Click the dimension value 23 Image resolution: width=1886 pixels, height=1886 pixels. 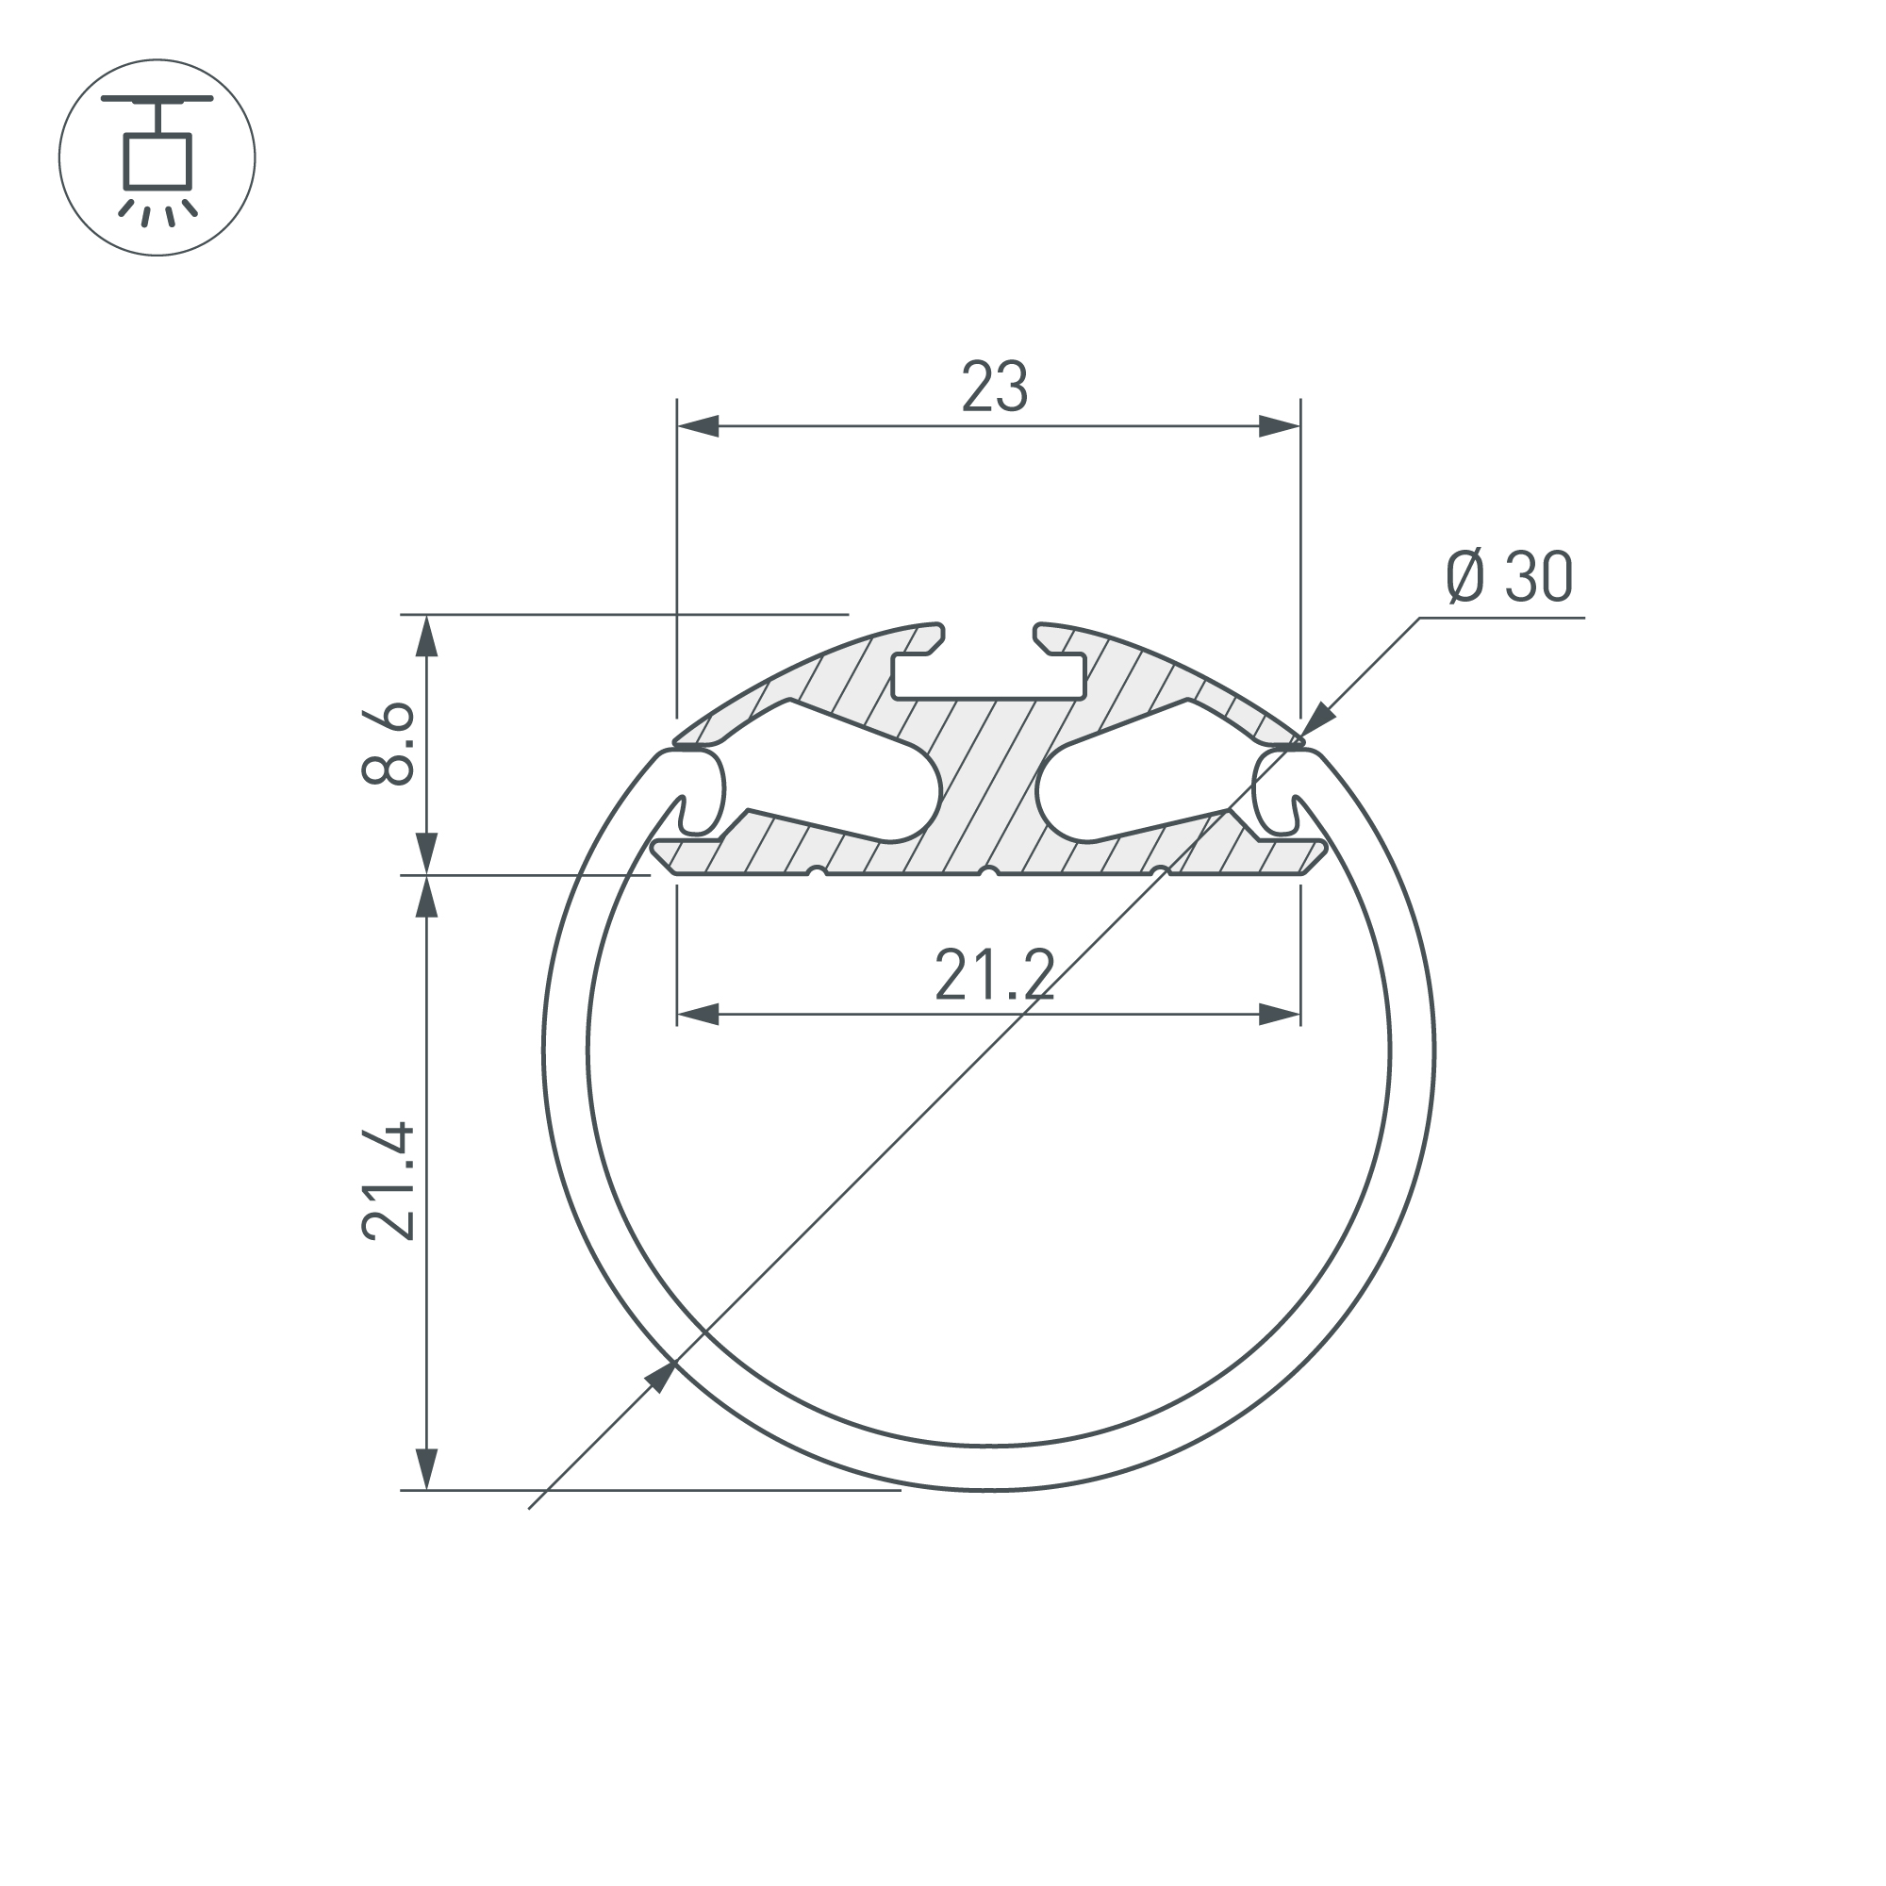click(995, 387)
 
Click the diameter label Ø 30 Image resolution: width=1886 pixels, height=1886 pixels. click(1509, 577)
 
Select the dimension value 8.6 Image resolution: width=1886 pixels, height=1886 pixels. click(389, 744)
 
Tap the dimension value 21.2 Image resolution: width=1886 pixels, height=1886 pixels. click(995, 976)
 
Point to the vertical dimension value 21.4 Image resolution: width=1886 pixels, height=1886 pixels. click(389, 1183)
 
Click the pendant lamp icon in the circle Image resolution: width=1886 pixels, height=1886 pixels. click(157, 157)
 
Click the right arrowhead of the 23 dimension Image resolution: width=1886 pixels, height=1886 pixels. click(1280, 426)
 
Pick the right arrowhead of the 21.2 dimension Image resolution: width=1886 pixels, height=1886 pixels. click(1280, 1016)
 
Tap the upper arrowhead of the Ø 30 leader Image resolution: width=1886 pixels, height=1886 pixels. click(1319, 719)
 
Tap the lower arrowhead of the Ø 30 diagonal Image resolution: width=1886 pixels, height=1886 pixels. click(661, 1378)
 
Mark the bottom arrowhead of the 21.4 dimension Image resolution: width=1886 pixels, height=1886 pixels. click(426, 1469)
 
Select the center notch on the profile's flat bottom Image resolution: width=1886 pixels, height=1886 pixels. click(989, 869)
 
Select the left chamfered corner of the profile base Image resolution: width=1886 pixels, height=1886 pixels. click(663, 858)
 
